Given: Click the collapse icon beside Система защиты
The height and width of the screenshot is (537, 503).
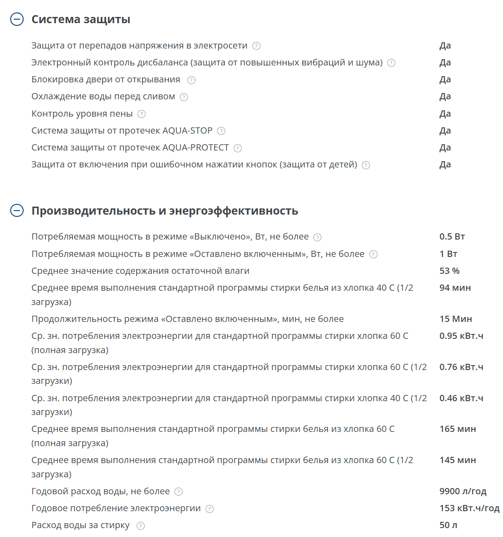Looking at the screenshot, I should click(16, 20).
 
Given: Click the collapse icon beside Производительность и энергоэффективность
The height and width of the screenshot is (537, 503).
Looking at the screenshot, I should click(16, 211).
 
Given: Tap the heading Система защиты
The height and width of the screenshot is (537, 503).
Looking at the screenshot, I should click(81, 20).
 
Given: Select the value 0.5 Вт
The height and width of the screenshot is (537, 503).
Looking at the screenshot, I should click(452, 236).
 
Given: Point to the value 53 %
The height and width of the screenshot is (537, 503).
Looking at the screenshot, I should click(449, 271).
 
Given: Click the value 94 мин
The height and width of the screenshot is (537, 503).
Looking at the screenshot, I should click(455, 288).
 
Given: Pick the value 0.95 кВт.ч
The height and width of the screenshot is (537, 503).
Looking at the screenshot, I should click(461, 336).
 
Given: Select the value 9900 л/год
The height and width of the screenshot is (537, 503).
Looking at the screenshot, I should click(462, 491).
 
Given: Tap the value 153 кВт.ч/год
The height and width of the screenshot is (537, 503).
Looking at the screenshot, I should click(469, 508).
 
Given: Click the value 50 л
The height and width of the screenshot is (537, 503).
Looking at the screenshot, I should click(448, 525).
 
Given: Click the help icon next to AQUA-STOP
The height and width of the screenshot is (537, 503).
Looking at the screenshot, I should click(221, 131).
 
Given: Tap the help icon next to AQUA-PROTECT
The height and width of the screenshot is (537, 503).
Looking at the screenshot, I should click(238, 148).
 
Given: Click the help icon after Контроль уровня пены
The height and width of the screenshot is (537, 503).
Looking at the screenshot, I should click(142, 114).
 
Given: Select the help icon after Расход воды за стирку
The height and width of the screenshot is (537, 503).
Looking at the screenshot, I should click(141, 526).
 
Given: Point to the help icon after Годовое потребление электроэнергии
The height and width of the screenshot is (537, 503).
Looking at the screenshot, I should click(210, 509).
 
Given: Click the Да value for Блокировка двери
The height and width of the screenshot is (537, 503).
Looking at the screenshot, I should click(445, 80).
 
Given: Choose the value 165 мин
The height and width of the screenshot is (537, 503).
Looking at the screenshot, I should click(458, 429).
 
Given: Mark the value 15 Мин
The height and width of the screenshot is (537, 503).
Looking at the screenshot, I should click(455, 319).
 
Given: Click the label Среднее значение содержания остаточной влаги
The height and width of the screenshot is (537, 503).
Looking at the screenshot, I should click(140, 271).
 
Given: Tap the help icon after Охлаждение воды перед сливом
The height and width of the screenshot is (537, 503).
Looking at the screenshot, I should click(184, 97).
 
